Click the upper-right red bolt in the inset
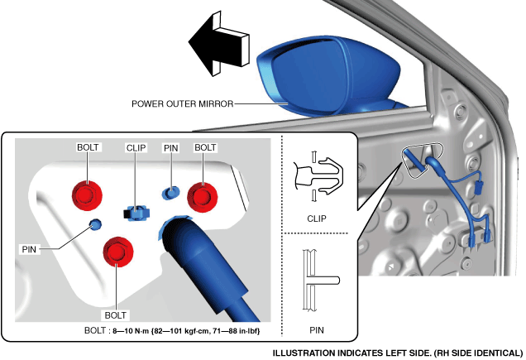201,196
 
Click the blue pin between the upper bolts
170,193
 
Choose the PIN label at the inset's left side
28,247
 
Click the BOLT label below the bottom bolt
117,315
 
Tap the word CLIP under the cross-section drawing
316,219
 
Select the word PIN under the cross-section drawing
316,329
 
